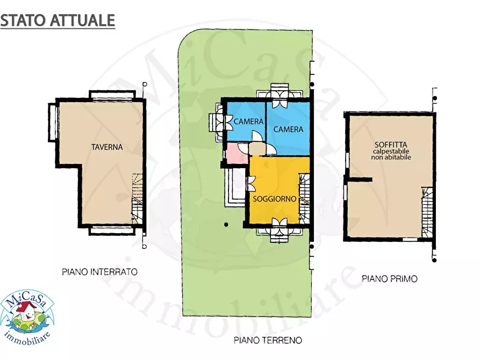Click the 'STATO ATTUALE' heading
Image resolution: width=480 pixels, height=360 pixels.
click(58, 20)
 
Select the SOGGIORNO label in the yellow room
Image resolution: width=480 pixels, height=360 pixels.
click(275, 199)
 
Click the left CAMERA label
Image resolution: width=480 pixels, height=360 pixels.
click(248, 122)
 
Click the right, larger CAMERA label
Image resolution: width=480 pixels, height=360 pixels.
click(288, 129)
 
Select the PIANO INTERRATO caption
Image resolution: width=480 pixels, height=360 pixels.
click(99, 272)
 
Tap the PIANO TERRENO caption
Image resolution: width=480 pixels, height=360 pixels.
click(268, 340)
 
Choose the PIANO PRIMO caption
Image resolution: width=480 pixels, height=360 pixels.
click(390, 278)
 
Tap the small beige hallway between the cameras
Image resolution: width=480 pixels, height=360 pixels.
click(257, 148)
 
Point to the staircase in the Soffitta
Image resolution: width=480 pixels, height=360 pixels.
click(427, 212)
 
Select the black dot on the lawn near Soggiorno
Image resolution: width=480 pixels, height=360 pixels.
click(226, 224)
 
